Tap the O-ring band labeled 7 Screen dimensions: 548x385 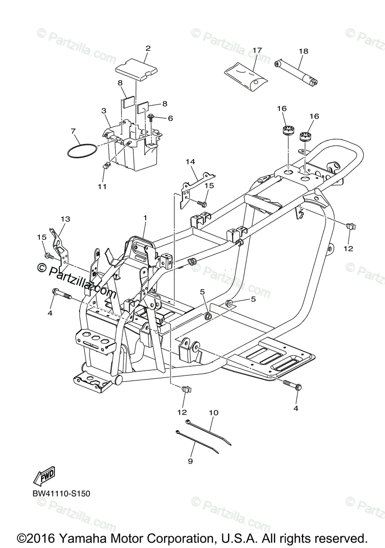coord(82,152)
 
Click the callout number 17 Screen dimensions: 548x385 coord(257,50)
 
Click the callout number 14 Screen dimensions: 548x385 coord(190,162)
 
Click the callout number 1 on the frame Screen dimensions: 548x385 coord(145,218)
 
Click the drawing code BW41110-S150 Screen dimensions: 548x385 coord(61,494)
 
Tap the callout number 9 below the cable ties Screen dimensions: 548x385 coord(190,461)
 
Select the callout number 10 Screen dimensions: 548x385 coord(213,413)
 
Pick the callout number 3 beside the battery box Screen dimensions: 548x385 coord(104,111)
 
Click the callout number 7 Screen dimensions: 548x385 coord(73,131)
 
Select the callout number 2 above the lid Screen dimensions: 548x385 coord(148,48)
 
